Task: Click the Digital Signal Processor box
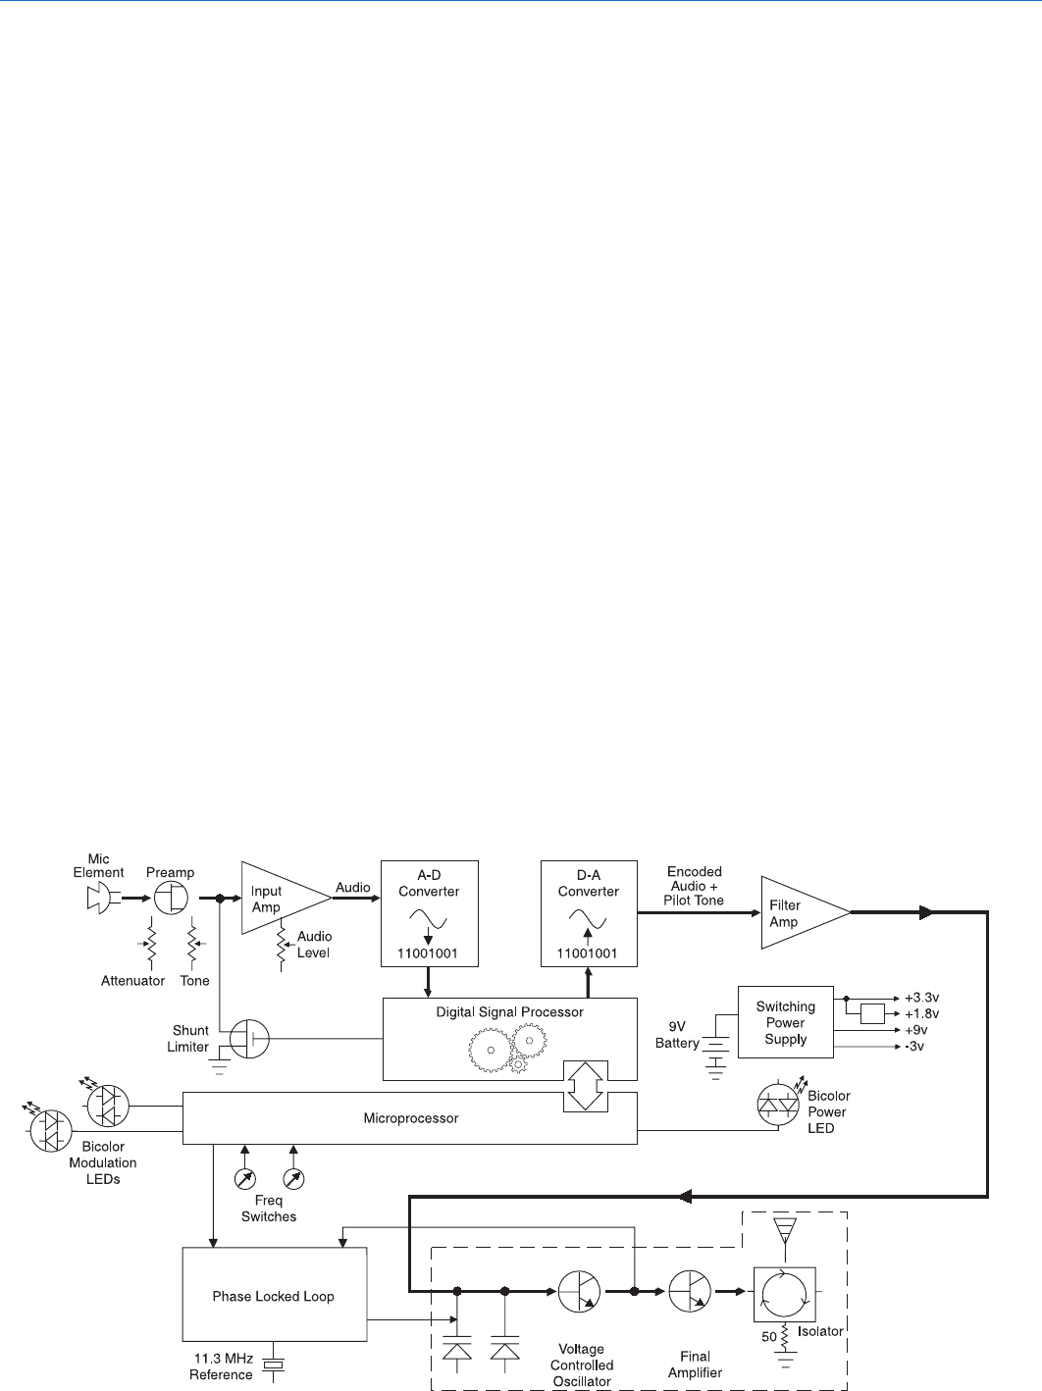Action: (509, 1038)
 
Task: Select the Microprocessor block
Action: (410, 1118)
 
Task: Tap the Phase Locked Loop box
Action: (274, 1295)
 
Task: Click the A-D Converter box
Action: (429, 913)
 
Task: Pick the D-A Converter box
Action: (589, 913)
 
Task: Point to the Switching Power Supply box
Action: (785, 1022)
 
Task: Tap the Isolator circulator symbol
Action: (784, 1294)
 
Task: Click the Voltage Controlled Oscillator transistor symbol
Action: (580, 1292)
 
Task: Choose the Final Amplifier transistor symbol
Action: (690, 1292)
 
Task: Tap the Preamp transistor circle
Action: (172, 898)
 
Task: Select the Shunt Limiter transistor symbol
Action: (248, 1038)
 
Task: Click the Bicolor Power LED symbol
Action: (778, 1106)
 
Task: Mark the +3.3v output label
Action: (921, 998)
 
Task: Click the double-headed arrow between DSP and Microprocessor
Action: (586, 1086)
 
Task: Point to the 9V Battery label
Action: (677, 1035)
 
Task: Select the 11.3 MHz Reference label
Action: (223, 1366)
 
